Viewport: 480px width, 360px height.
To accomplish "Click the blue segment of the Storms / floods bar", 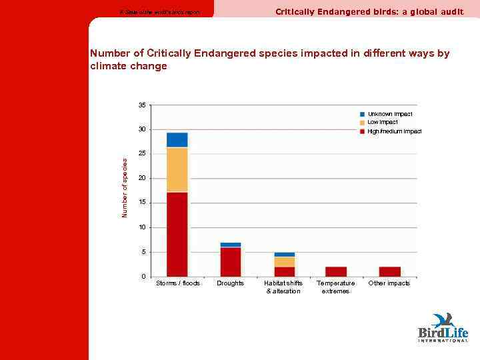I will click(177, 139).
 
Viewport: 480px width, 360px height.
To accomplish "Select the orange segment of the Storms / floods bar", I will click(177, 169).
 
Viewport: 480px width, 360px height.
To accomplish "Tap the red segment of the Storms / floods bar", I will click(177, 234).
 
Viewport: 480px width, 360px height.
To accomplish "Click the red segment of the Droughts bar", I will click(230, 261).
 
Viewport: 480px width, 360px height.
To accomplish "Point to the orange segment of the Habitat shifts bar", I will click(284, 262).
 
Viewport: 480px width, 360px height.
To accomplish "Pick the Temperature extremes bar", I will click(336, 271).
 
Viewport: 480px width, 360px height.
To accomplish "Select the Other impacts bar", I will click(389, 271).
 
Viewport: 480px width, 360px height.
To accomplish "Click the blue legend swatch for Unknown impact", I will click(363, 115).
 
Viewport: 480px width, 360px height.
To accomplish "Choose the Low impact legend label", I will click(383, 123).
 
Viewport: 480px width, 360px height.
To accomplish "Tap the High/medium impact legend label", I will click(394, 131).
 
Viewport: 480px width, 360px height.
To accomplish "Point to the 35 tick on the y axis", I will click(142, 105).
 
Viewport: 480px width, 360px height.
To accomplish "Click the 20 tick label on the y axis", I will click(142, 178).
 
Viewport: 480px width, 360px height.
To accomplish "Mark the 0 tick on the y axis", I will click(144, 276).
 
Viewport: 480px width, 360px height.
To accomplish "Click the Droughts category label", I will click(230, 283).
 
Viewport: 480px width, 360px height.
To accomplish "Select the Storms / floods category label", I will click(177, 283).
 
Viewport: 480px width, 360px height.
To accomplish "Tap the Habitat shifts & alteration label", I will click(283, 287).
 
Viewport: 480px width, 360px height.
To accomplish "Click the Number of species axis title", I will click(125, 187).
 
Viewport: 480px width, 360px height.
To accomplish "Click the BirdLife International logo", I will click(443, 327).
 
